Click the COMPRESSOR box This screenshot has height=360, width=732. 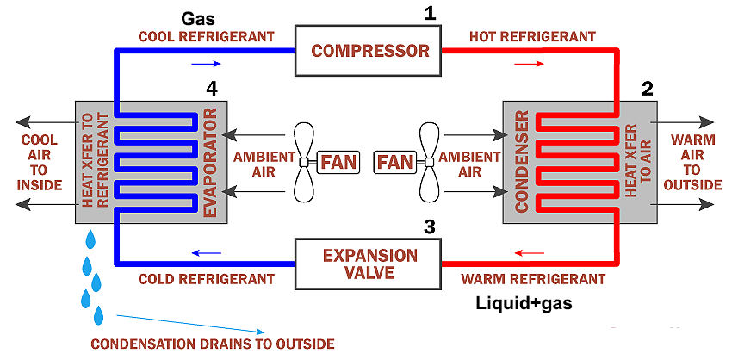[x=369, y=50]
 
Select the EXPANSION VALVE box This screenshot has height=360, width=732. [x=369, y=264]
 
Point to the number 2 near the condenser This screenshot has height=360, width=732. [x=647, y=88]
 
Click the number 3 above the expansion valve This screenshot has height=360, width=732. [x=430, y=227]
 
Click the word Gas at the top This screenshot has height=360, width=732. [x=199, y=17]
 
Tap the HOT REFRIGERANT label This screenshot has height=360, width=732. [x=532, y=36]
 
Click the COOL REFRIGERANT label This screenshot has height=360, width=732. [x=207, y=36]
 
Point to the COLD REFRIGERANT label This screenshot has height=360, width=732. [x=207, y=279]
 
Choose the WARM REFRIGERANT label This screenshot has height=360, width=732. [x=532, y=279]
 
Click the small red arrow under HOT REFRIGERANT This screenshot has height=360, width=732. [x=529, y=64]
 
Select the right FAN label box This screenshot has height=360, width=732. [x=395, y=161]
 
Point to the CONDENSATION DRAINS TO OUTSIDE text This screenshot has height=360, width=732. [x=212, y=344]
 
